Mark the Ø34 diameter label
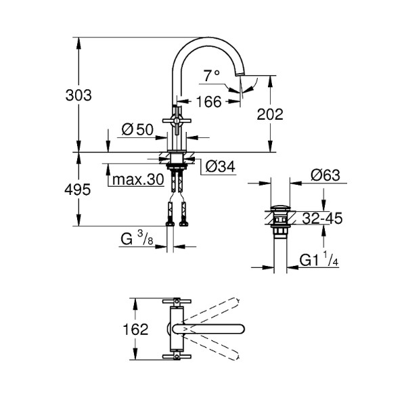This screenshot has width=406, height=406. coord(219,166)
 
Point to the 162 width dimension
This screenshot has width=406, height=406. coord(135,330)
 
